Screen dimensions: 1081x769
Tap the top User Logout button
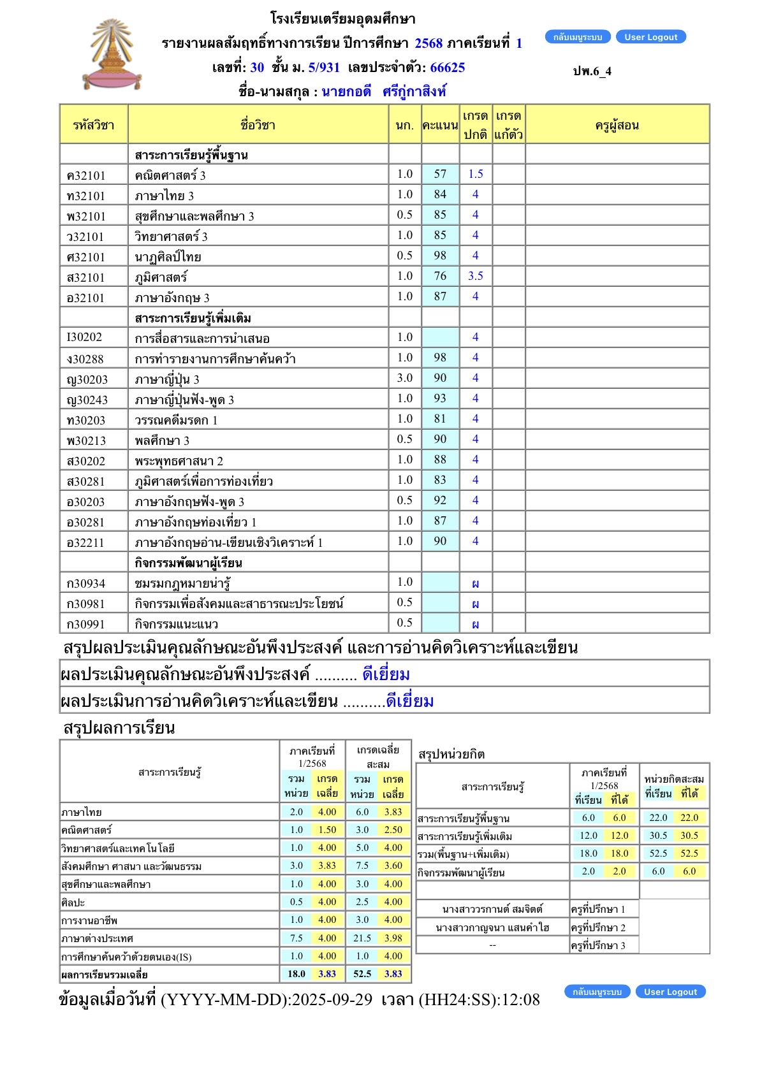pos(650,37)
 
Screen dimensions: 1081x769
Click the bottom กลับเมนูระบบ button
pos(597,992)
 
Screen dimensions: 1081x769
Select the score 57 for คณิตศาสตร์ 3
pos(440,174)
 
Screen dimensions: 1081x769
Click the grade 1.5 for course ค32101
pos(476,174)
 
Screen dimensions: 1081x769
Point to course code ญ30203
pos(87,379)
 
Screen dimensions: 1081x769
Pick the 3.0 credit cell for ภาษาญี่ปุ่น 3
pos(405,378)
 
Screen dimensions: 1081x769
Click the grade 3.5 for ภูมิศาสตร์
pos(476,276)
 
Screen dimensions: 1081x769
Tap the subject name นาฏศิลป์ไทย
pos(168,257)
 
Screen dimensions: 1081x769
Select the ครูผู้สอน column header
pos(617,125)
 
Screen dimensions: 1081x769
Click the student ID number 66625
pos(448,68)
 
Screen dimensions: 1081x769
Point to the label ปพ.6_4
pos(592,71)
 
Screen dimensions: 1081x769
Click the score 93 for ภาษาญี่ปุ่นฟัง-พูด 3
pos(440,398)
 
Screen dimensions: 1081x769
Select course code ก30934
pos(86,583)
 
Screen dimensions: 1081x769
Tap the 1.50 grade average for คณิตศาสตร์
pos(327,830)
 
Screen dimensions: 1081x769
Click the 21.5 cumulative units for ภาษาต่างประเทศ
pos(362,938)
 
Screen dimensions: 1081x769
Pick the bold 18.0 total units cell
pos(297,974)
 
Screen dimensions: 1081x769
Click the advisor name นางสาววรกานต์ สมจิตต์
pos(492,910)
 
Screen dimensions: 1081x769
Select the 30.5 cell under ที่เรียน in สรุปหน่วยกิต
pos(658,836)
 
